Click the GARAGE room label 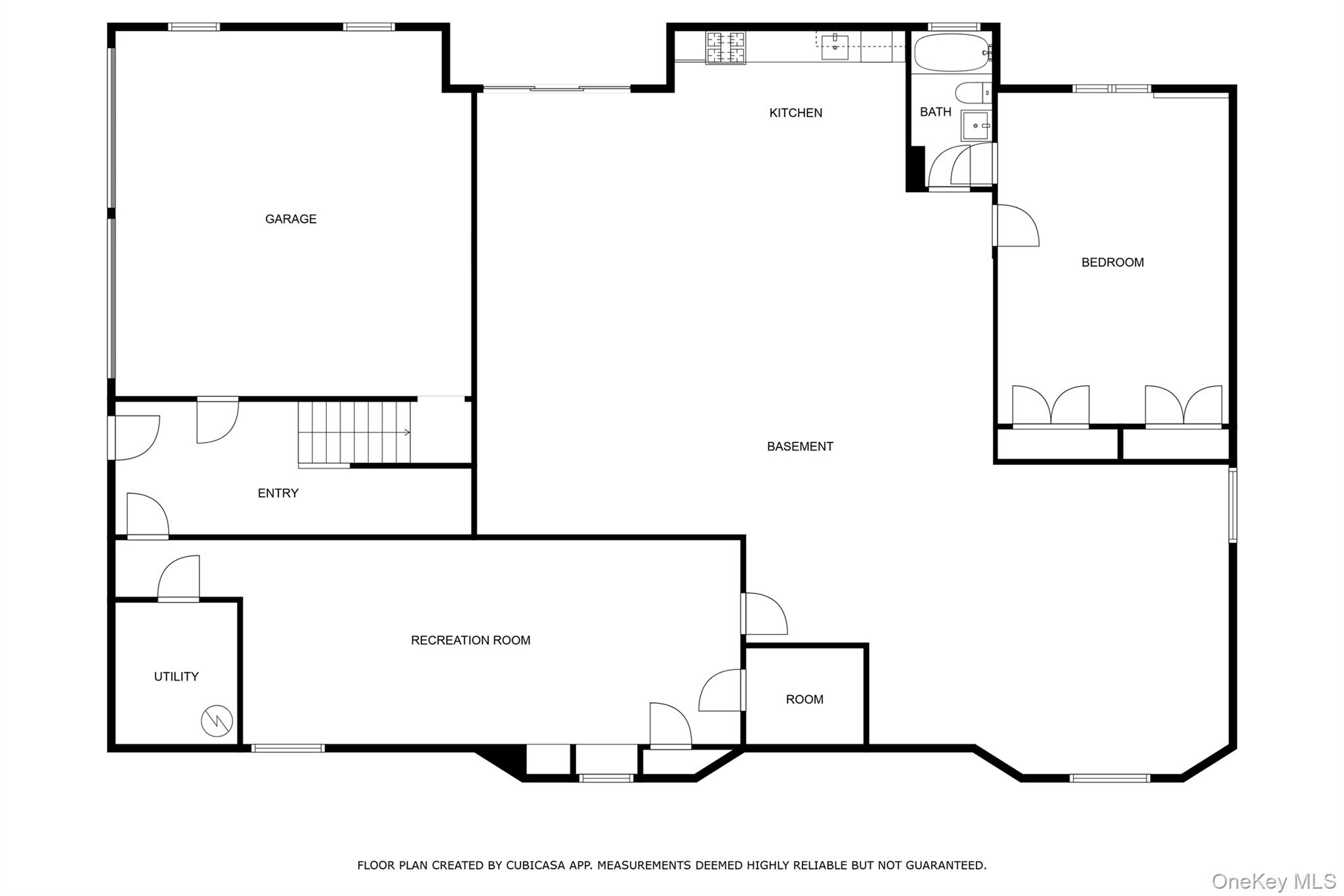click(291, 219)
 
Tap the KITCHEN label click(795, 113)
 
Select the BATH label click(935, 112)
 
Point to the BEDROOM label click(1112, 263)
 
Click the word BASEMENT click(800, 446)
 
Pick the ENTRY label click(278, 493)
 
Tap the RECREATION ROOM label click(471, 640)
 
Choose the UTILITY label click(176, 676)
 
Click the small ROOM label click(805, 699)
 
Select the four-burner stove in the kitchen click(726, 47)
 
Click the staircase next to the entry click(354, 433)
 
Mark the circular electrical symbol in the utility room click(217, 721)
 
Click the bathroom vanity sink click(976, 125)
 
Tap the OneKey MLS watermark click(1273, 881)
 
